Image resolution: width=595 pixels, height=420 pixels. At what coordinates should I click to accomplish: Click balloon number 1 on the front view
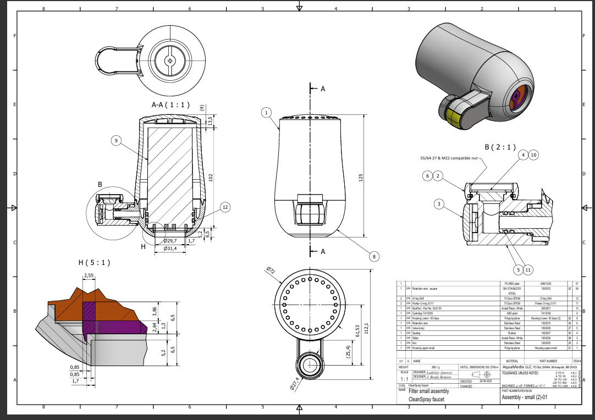[x=266, y=112]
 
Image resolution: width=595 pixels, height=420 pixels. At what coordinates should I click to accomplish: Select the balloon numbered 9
[x=116, y=141]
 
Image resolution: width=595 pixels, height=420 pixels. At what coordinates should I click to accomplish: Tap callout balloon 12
[x=225, y=207]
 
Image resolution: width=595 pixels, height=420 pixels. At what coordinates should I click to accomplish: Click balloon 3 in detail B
[x=439, y=205]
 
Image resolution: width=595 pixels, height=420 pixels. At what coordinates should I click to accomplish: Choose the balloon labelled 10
[x=533, y=155]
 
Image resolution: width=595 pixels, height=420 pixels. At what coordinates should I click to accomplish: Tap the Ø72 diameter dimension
[x=270, y=270]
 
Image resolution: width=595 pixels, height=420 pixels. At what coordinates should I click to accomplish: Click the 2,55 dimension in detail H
[x=88, y=275]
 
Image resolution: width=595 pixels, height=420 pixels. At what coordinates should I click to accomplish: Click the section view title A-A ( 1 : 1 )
[x=170, y=104]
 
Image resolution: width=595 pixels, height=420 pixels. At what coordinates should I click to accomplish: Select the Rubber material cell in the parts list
[x=511, y=333]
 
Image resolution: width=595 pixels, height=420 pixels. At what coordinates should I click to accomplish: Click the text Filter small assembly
[x=428, y=391]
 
